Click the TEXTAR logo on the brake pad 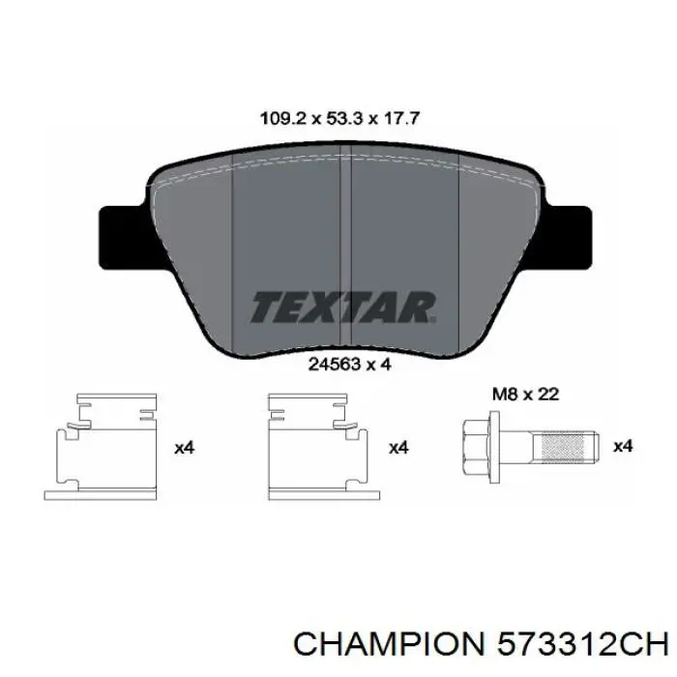click(x=344, y=308)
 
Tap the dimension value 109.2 click(x=282, y=119)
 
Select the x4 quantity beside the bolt click(x=623, y=446)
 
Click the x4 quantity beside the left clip click(x=185, y=448)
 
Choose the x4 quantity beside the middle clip click(x=397, y=448)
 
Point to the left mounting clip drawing click(x=102, y=447)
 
